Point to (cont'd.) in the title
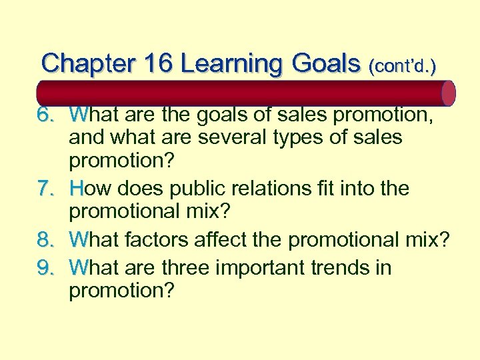(x=404, y=66)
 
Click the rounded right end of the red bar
(x=449, y=93)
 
